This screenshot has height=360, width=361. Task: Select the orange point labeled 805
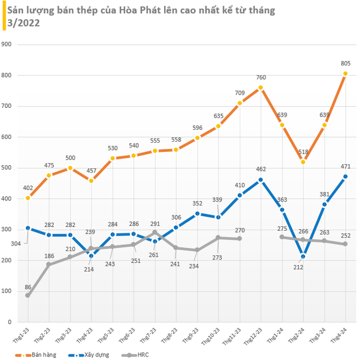click(x=345, y=73)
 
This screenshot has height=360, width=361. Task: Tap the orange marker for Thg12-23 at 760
click(x=261, y=87)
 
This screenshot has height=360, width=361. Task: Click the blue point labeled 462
click(x=261, y=179)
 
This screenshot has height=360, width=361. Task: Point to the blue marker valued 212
click(x=303, y=256)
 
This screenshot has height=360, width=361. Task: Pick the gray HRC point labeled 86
click(x=28, y=295)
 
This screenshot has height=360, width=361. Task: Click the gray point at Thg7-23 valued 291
click(x=155, y=232)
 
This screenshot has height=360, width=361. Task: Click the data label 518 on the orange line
click(x=303, y=152)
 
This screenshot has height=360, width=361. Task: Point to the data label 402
click(x=28, y=188)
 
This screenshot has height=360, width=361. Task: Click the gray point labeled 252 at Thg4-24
click(x=345, y=244)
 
